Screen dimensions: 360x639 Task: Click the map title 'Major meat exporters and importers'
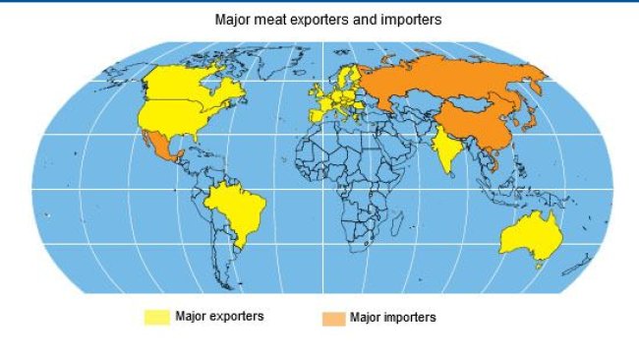click(319, 19)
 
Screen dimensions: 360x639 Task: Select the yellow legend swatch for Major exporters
click(156, 318)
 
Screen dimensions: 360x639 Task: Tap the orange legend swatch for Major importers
click(333, 319)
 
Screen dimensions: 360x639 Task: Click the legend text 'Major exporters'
click(219, 317)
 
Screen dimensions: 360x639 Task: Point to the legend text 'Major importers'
click(393, 318)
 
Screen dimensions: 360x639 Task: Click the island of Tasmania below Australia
click(538, 265)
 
